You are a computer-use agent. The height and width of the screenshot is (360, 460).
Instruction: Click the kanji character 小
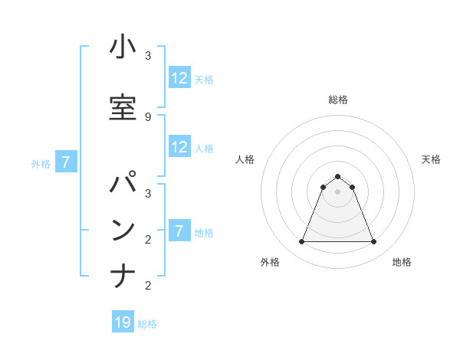click(123, 48)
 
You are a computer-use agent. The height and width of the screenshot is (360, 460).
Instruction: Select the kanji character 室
click(123, 109)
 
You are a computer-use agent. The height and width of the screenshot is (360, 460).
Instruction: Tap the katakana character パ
click(123, 185)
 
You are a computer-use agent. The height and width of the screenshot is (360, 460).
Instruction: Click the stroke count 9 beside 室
click(148, 116)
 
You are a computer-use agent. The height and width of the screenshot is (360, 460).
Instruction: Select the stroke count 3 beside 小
click(148, 56)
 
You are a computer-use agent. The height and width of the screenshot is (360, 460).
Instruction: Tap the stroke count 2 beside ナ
click(148, 285)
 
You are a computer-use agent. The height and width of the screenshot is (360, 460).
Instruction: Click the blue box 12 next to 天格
click(179, 78)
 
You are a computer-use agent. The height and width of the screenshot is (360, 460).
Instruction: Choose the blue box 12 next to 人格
click(179, 147)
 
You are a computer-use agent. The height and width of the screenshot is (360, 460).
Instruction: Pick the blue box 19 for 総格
click(123, 322)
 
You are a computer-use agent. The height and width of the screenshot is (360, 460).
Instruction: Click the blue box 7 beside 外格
click(67, 162)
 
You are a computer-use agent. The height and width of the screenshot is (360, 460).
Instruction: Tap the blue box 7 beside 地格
click(179, 231)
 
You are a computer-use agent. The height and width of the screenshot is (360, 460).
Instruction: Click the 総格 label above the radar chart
click(337, 100)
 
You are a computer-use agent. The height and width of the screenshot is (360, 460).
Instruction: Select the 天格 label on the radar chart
click(431, 159)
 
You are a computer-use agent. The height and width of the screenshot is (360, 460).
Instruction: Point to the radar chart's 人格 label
click(245, 159)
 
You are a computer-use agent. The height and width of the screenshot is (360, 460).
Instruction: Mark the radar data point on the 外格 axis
click(301, 242)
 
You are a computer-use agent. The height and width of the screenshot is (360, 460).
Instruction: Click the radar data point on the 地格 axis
click(373, 242)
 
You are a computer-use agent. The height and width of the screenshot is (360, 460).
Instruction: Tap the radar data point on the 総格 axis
click(337, 176)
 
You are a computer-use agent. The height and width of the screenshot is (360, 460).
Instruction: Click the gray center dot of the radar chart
click(337, 191)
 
